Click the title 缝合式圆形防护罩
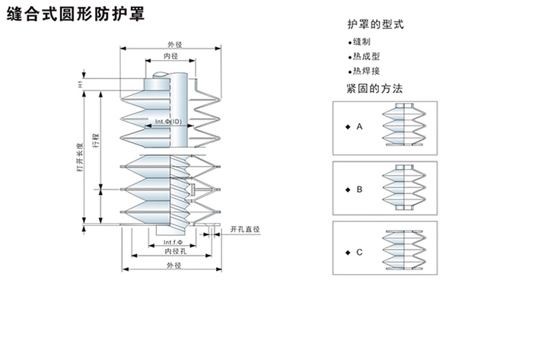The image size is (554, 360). coord(75,14)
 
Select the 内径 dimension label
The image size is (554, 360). coord(170,56)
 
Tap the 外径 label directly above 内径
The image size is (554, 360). coord(174,44)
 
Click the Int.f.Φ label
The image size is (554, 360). coord(173,243)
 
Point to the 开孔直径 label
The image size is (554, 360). coord(246,228)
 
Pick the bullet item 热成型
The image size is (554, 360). coord(366,56)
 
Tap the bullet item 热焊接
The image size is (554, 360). coord(366,71)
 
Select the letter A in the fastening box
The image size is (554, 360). coord(358,126)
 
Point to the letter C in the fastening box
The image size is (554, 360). coord(358,251)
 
